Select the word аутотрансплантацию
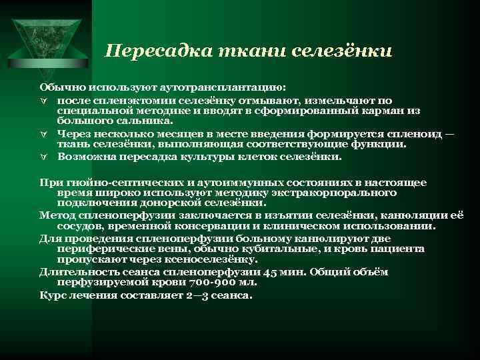coord(220,87)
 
